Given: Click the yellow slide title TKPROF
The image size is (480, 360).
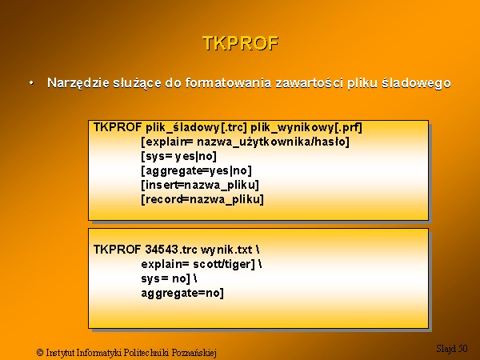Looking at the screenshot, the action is (241, 43).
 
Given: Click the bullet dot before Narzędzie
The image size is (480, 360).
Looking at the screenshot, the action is (31, 83).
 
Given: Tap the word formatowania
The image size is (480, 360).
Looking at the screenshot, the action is (228, 83).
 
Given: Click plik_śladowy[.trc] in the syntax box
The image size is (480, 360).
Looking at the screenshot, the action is (196, 127).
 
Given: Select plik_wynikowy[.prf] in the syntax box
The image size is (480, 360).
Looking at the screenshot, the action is (306, 127).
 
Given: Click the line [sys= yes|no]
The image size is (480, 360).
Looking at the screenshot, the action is (179, 157).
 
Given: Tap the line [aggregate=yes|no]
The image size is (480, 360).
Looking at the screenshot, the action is (197, 171).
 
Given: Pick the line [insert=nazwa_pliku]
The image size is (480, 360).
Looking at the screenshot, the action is (200, 186).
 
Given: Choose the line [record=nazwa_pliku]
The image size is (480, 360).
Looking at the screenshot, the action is (202, 199).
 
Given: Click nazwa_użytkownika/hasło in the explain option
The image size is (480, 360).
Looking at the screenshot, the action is (271, 142).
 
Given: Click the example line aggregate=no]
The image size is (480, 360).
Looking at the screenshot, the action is (182, 294).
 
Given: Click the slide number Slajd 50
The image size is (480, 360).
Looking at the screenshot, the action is (452, 348).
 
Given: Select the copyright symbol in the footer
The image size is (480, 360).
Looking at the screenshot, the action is (40, 352).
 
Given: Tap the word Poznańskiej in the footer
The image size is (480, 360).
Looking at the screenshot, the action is (194, 353).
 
